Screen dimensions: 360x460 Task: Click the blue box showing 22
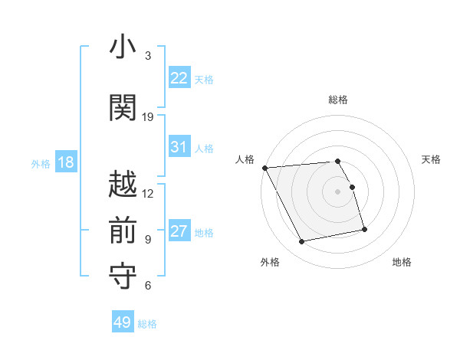pyautogui.click(x=179, y=78)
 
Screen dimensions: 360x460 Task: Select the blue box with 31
pyautogui.click(x=179, y=147)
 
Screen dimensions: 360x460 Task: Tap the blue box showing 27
pyautogui.click(x=179, y=231)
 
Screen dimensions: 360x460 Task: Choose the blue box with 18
pyautogui.click(x=65, y=162)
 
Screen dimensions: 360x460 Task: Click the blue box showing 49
pyautogui.click(x=123, y=322)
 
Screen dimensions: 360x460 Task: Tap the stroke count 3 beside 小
pyautogui.click(x=148, y=55)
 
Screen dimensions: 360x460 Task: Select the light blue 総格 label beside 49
pyautogui.click(x=147, y=324)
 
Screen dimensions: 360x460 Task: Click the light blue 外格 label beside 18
pyautogui.click(x=41, y=163)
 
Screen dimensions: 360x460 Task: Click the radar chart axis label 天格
pyautogui.click(x=432, y=159)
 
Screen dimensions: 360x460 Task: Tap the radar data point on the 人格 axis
pyautogui.click(x=265, y=168)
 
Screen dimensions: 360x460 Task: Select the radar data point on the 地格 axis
pyautogui.click(x=364, y=229)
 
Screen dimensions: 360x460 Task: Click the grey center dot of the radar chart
pyautogui.click(x=338, y=191)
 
